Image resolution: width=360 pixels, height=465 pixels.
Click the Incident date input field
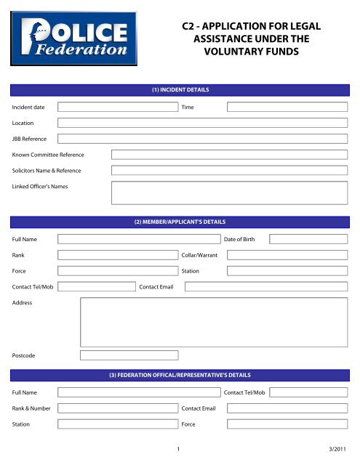[x=118, y=107]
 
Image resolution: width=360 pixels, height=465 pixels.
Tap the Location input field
[x=202, y=123]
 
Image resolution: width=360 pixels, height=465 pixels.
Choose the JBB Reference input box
[x=202, y=139]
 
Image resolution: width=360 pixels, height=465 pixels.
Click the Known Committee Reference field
[x=228, y=155]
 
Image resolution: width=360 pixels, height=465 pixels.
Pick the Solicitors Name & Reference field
[x=228, y=171]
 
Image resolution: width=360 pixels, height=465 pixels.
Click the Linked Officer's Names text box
[x=228, y=192]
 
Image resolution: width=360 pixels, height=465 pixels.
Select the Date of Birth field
[x=308, y=238]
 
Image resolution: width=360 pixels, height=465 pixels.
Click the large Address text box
[x=213, y=322]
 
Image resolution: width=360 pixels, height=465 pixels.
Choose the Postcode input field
[x=129, y=355]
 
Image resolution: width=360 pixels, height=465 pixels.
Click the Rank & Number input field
[x=118, y=408]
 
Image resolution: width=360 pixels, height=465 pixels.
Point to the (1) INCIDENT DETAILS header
[x=180, y=90]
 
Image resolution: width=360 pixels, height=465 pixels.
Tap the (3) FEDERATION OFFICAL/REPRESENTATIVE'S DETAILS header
[x=180, y=375]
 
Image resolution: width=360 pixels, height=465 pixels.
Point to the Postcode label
[x=25, y=356]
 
